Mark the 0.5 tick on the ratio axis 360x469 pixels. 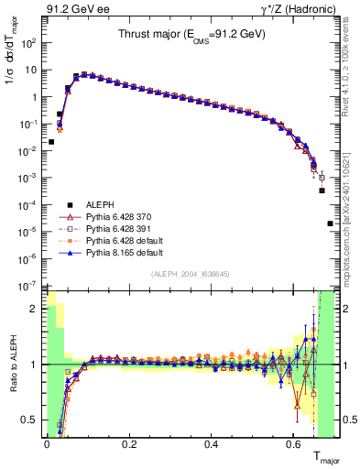(x=32, y=420)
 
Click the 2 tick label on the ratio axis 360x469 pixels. (x=36, y=309)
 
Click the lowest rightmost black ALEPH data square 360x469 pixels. (x=330, y=224)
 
